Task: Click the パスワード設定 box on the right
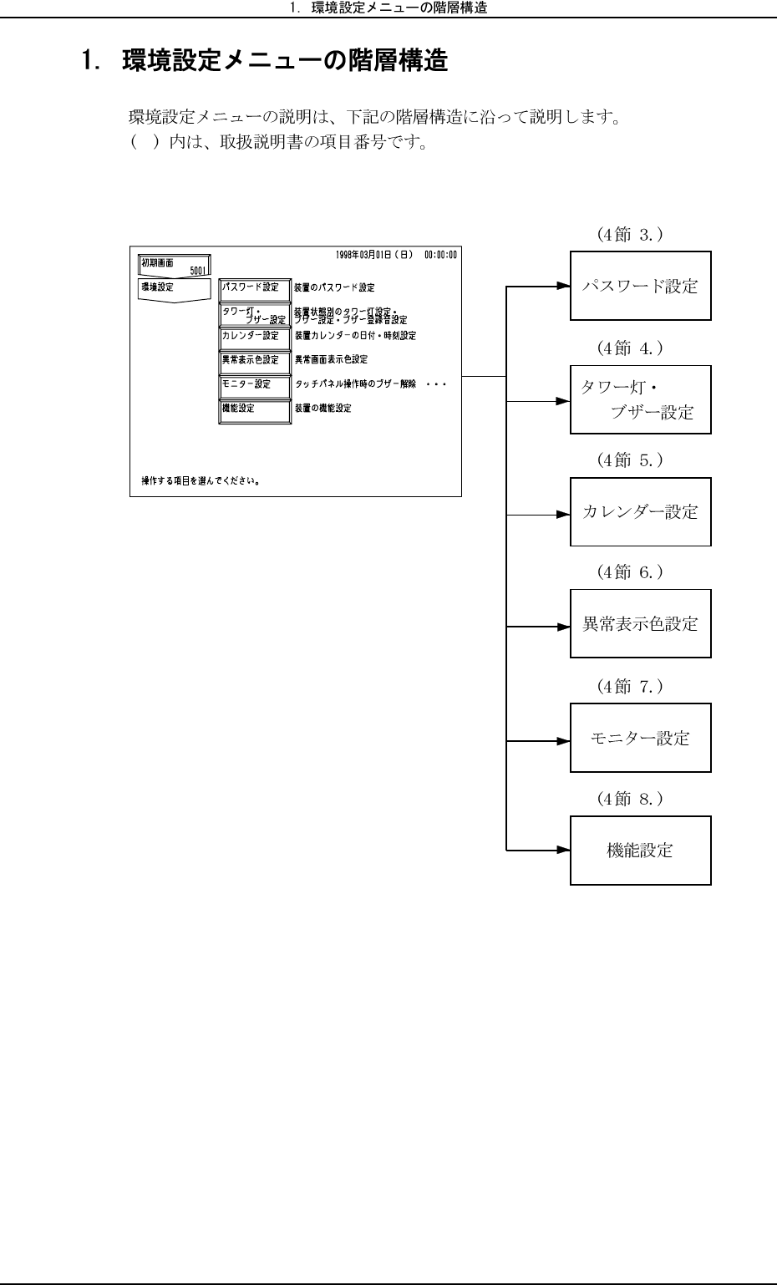tap(640, 286)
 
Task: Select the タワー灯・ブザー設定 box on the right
tap(640, 399)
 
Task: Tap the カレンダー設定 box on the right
tap(640, 512)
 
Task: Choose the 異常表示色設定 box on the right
tap(640, 623)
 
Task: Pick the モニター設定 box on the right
tap(640, 738)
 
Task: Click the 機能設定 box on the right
tap(640, 851)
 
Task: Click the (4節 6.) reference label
tap(630, 572)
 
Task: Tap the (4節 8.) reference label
tap(630, 799)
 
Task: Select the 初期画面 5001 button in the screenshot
tap(175, 266)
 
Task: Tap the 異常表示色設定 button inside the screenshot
tap(255, 361)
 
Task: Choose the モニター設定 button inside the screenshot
tap(255, 385)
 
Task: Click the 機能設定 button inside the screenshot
tap(255, 409)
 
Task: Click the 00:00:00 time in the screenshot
tap(440, 253)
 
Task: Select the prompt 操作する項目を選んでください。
tap(200, 481)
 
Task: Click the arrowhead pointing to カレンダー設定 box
tap(563, 515)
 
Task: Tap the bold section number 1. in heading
tap(90, 61)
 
